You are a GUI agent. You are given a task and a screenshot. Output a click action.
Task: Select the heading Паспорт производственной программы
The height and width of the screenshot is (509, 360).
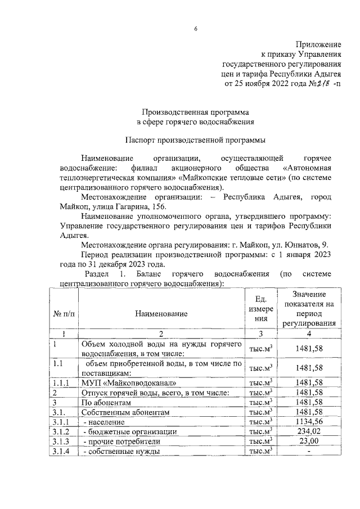coord(196,138)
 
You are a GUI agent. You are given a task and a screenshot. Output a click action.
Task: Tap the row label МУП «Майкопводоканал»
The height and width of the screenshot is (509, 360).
coord(119,383)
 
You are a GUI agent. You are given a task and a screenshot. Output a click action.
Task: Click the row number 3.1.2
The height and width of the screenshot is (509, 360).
coord(60,431)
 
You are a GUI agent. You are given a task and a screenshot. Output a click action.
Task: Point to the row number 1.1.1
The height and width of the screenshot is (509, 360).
coord(60,383)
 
